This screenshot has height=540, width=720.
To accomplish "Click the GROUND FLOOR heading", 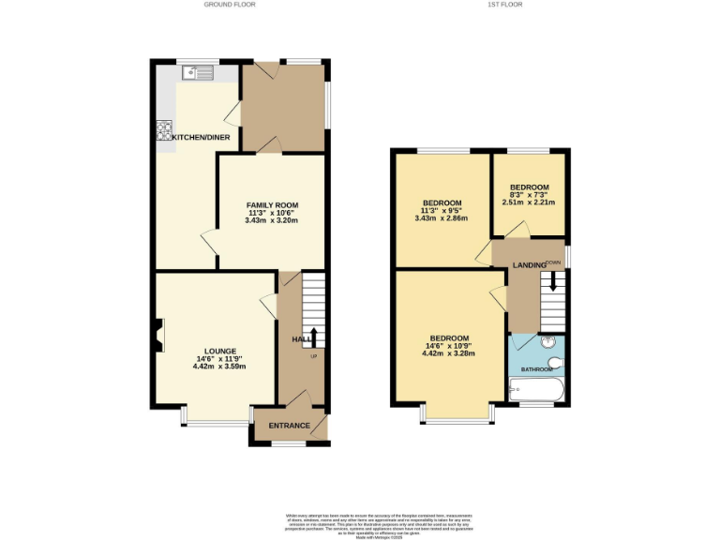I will tap(230, 5).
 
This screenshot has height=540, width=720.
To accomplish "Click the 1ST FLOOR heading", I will tap(504, 5).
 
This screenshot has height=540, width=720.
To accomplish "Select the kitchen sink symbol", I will tap(196, 70).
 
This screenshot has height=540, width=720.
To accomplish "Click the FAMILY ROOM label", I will tap(272, 204).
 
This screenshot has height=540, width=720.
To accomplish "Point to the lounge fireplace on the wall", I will tap(158, 333).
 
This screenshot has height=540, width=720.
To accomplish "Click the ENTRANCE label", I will tap(290, 426).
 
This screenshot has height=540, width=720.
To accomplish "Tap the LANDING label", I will tap(529, 265).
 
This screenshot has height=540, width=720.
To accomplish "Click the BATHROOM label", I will tap(537, 369).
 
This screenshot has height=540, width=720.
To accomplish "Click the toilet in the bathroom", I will tap(556, 362).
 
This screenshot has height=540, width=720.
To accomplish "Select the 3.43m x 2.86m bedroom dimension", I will tap(441, 218).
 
